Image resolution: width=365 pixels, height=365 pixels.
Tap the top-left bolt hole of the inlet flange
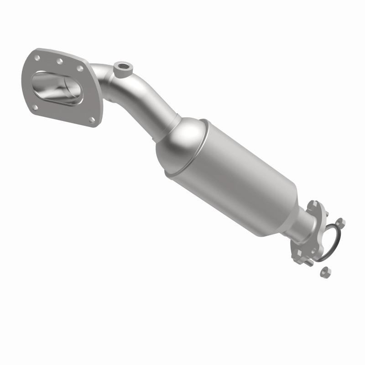tap(37, 57)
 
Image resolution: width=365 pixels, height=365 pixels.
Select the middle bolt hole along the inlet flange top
tap(59, 61)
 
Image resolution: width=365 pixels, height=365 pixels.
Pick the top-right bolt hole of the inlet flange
tap(80, 68)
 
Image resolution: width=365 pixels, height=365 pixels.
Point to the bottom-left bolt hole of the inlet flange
tap(35, 108)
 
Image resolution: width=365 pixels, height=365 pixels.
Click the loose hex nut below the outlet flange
tap(325, 271)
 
